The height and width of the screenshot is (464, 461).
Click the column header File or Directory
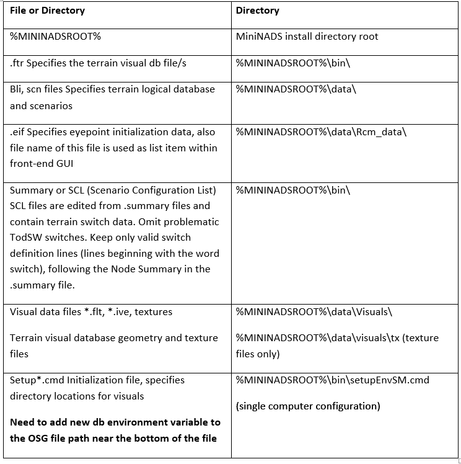(x=47, y=11)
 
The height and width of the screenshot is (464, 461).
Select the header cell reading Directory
(x=257, y=11)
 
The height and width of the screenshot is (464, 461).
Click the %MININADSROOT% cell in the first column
(x=55, y=37)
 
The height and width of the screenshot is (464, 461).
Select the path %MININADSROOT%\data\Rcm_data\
(x=321, y=132)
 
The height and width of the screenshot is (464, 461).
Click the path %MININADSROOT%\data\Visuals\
(x=314, y=312)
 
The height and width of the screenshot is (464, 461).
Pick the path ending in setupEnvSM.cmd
(x=333, y=380)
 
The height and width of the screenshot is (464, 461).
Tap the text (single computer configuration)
(x=308, y=406)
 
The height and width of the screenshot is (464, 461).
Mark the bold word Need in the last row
(x=22, y=422)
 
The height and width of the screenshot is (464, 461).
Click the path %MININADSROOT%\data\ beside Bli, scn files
(x=296, y=89)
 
